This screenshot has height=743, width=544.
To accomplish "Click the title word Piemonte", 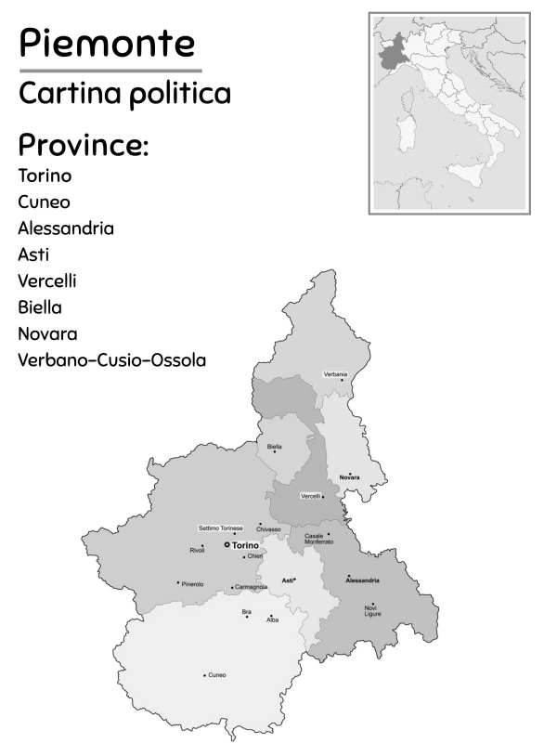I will pyautogui.click(x=108, y=43).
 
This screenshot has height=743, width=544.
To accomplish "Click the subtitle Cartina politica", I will pyautogui.click(x=124, y=94).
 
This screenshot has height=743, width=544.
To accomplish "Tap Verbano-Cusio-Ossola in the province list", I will pyautogui.click(x=111, y=359).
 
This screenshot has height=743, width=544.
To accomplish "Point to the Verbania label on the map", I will pyautogui.click(x=335, y=374).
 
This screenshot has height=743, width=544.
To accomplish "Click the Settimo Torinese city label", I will pyautogui.click(x=221, y=528).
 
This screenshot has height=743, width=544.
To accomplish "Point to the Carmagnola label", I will pyautogui.click(x=251, y=587).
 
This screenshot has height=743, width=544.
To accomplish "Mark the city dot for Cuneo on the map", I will pyautogui.click(x=204, y=675).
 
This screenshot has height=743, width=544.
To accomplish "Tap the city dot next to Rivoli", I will pyautogui.click(x=202, y=545).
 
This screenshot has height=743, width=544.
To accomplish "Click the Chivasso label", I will pyautogui.click(x=268, y=529).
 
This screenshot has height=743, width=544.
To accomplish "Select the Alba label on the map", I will pyautogui.click(x=273, y=619).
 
